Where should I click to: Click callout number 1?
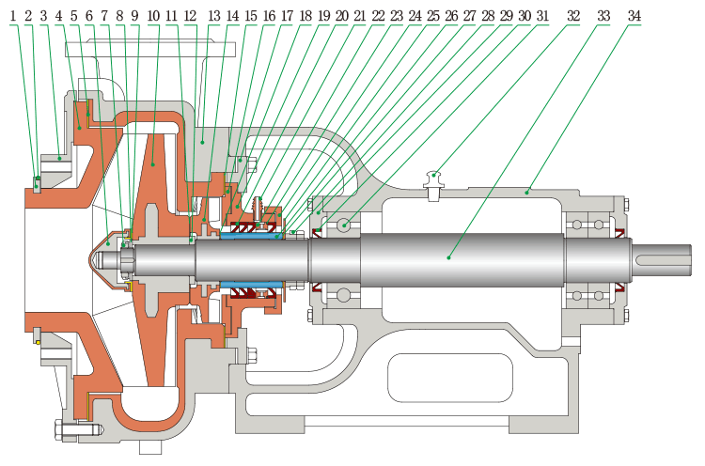13,17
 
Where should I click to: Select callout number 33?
603,17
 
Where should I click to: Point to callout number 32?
573,17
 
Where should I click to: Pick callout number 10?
153,17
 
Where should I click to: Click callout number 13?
214,17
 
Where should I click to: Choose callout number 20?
341,17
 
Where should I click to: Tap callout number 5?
73,17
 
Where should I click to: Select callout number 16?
270,17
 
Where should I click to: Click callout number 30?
524,17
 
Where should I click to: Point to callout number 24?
415,17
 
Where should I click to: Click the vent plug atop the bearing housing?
433,179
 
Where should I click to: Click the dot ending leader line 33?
449,256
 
